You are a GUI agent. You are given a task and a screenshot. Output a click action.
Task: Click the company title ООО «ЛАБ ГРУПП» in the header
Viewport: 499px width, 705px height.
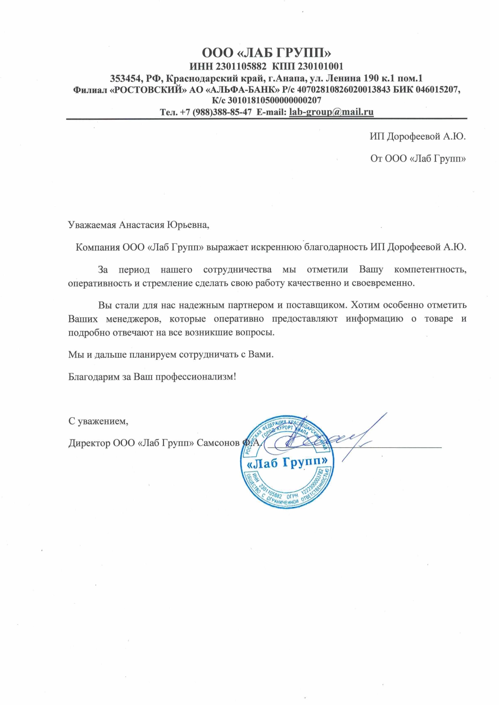point(267,53)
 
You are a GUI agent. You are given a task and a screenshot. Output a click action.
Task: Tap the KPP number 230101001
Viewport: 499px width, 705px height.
point(320,66)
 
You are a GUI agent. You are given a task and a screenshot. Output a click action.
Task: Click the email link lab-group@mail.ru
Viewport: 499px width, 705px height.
point(331,112)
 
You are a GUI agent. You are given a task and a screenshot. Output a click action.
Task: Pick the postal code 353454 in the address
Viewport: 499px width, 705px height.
point(125,78)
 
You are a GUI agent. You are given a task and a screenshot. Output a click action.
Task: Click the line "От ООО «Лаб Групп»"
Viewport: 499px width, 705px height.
point(418,159)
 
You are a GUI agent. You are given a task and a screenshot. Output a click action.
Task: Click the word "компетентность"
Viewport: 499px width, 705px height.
point(430,270)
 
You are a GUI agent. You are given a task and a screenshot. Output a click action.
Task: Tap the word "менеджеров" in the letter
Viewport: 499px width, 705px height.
point(133,319)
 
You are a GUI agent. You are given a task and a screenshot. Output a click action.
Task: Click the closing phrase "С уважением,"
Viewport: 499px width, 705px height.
point(98,421)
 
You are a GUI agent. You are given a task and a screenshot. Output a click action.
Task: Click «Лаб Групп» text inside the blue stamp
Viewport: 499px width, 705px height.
point(287,463)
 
